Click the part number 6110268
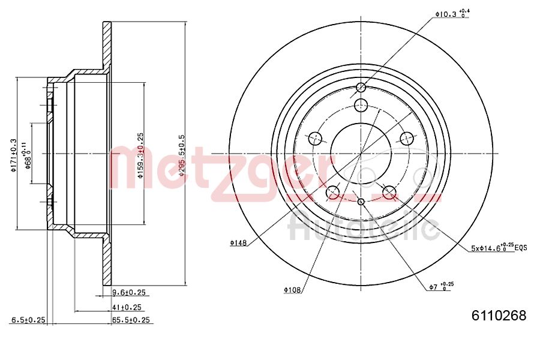tap(499, 316)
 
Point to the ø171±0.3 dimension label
tap(13, 155)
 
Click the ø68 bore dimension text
tap(28, 155)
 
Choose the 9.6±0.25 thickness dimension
tap(130, 293)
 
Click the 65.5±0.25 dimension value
tap(131, 320)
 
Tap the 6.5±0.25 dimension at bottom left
tap(28, 320)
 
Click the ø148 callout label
tap(239, 243)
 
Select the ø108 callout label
tap(293, 290)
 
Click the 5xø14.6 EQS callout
tap(499, 247)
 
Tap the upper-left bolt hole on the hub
tap(315, 139)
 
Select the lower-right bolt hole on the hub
tap(389, 193)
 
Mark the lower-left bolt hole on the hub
tap(333, 193)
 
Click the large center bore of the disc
tap(361, 154)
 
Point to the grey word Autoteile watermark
tap(364, 228)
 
